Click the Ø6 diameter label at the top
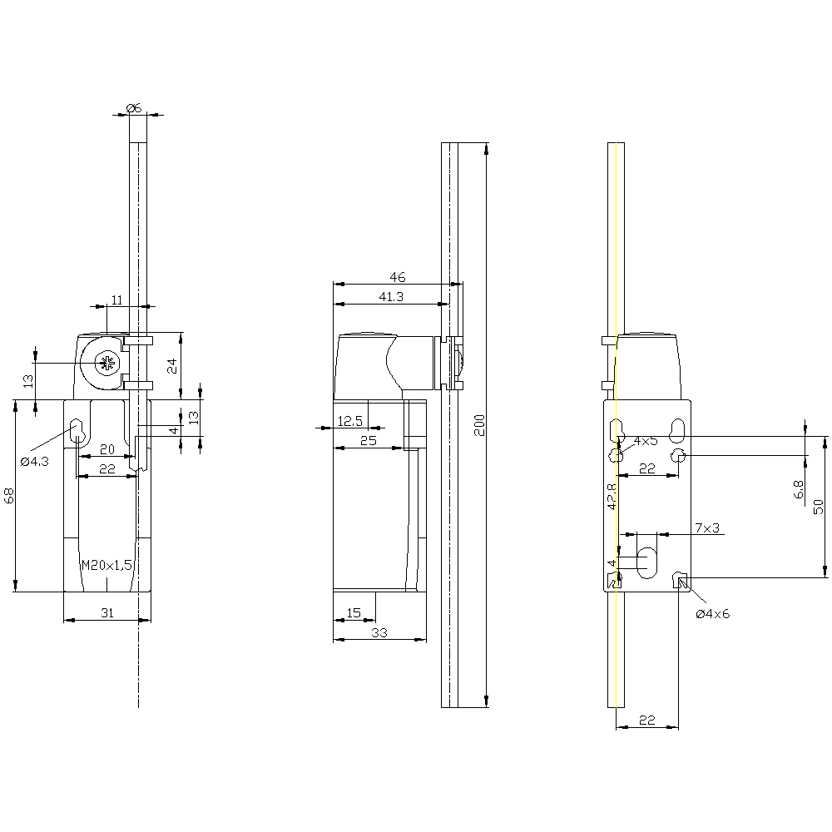tap(134, 106)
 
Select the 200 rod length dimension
tap(478, 424)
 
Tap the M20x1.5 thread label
tap(107, 565)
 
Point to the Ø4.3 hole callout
tap(37, 460)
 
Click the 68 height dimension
tap(9, 495)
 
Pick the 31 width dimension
tap(107, 613)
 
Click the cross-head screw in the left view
tap(106, 363)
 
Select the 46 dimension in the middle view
tap(397, 276)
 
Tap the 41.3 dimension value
tap(391, 296)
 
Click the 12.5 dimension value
tap(349, 421)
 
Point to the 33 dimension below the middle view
tap(379, 632)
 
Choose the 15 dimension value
tap(354, 613)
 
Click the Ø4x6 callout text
tap(712, 614)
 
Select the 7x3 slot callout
tap(707, 528)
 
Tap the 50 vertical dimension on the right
tap(818, 505)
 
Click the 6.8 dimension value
tap(800, 489)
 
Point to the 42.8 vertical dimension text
tap(611, 496)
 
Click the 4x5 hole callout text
tap(646, 440)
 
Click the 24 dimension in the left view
tap(172, 365)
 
